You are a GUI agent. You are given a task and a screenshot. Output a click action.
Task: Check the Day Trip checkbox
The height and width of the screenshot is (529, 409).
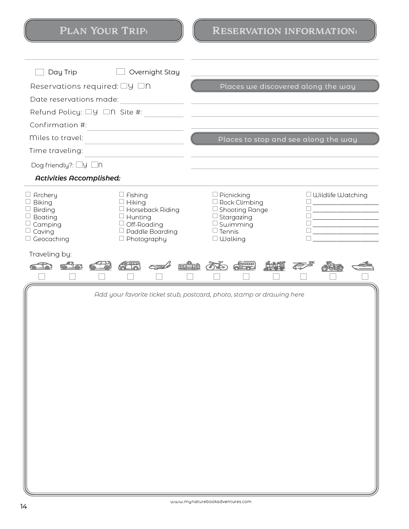point(39,72)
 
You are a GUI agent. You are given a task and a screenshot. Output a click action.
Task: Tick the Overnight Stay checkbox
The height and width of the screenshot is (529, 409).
point(121,72)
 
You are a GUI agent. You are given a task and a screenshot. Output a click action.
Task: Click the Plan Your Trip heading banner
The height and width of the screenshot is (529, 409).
point(104,30)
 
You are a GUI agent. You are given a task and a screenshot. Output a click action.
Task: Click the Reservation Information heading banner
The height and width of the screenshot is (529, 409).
point(285,30)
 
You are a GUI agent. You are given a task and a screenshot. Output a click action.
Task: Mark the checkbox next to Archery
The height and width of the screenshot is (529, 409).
point(28,194)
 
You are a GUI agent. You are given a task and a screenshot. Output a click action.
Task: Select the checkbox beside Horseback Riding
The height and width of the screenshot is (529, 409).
point(122,209)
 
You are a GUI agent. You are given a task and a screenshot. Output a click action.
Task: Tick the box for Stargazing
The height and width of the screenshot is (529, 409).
point(215,216)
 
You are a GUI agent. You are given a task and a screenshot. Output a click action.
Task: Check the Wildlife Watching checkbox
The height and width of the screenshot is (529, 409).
point(309,194)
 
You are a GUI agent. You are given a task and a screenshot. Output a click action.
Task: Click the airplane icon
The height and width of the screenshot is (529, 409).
point(160,266)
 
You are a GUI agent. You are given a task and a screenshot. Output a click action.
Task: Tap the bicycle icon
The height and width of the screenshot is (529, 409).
point(217,266)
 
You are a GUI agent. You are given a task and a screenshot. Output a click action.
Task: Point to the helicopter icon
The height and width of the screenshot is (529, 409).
point(303,266)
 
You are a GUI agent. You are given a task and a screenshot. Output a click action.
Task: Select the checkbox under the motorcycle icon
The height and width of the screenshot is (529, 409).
point(333,276)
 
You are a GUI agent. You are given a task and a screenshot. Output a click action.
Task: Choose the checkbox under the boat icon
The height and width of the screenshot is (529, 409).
point(365,276)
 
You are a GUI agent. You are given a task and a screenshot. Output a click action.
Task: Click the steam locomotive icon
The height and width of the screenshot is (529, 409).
point(275,266)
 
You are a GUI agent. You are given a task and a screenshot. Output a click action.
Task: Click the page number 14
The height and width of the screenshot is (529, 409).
point(23,507)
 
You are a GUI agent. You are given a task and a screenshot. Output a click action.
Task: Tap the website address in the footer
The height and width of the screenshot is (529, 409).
point(211,502)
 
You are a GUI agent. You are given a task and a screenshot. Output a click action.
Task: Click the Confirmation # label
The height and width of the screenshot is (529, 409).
point(58,125)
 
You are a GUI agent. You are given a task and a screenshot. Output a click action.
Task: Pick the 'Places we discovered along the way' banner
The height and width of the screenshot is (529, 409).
point(285,86)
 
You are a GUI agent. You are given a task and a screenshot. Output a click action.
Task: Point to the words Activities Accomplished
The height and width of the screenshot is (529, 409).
point(78,178)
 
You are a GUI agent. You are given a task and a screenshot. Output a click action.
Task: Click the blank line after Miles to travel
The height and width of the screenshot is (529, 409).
point(134,141)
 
